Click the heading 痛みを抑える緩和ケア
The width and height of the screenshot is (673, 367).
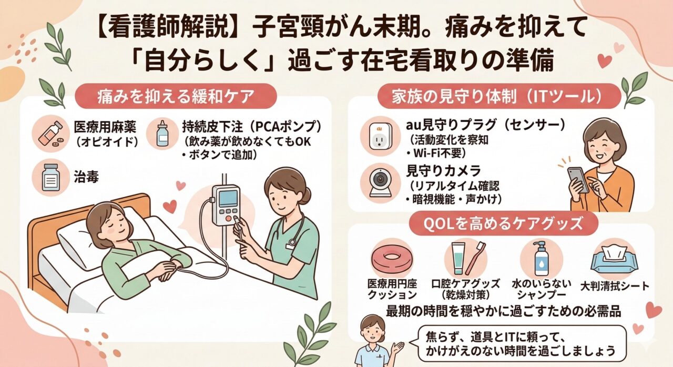click(176, 96)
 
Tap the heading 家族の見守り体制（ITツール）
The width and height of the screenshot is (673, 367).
click(499, 96)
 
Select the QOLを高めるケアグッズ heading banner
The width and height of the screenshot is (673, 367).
click(503, 223)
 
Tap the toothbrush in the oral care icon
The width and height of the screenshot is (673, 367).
click(476, 258)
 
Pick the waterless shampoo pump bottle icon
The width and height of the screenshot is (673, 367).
click(541, 258)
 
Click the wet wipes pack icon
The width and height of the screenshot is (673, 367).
click(613, 259)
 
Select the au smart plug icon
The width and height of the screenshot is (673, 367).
click(380, 136)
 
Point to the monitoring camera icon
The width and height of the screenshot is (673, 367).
click(380, 182)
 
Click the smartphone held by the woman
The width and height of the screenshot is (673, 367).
click(577, 180)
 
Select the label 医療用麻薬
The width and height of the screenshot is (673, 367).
click(105, 127)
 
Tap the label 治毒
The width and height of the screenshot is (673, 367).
click(86, 177)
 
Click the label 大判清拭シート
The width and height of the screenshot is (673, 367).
click(615, 286)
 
